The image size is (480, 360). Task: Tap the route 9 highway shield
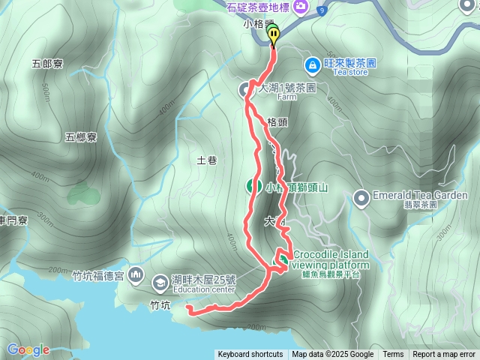322,10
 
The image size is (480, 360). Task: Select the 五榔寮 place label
80,137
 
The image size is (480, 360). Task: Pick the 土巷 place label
206,160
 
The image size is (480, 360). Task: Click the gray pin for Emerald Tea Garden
361,199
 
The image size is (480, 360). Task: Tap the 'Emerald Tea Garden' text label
419,195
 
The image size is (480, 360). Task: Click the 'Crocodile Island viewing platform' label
330,260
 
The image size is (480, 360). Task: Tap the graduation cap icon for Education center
160,283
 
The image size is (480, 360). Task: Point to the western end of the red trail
187,308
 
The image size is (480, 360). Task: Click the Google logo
28,349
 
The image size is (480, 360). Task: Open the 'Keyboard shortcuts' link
250,355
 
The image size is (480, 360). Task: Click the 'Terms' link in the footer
393,355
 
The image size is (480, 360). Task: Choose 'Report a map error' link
444,355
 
